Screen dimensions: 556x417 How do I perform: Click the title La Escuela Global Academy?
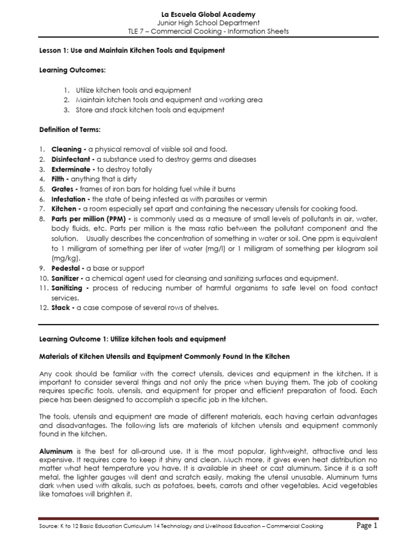click(208, 14)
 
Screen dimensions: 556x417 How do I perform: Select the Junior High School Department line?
click(208, 23)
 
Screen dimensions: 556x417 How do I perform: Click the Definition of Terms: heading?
click(69, 130)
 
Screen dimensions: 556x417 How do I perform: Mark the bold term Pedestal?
click(67, 268)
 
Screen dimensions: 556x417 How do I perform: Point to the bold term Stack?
click(62, 308)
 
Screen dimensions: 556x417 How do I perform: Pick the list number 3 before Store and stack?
click(66, 110)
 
